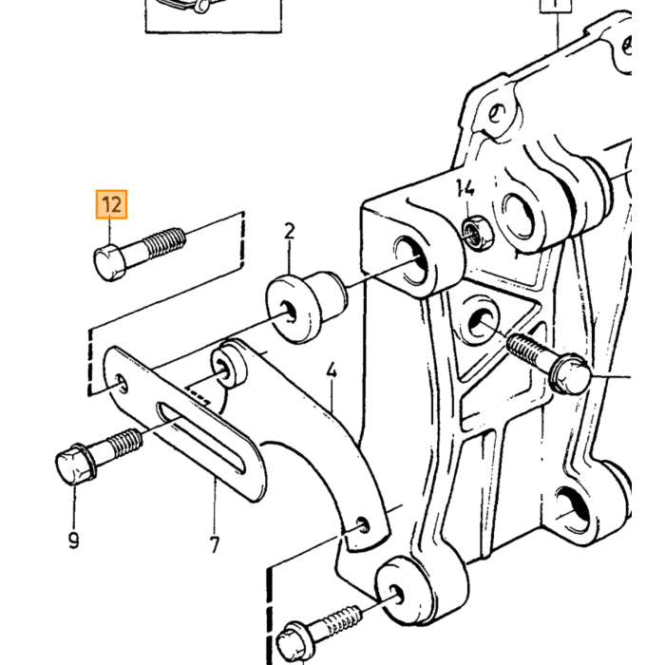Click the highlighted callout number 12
(x=111, y=204)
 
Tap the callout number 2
(x=289, y=232)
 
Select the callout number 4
(x=332, y=370)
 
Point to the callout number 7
(x=215, y=544)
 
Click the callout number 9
(x=73, y=540)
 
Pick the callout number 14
(x=465, y=188)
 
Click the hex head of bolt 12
(x=109, y=262)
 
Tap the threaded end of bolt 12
(x=166, y=243)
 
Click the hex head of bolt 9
(x=75, y=465)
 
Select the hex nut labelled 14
(x=478, y=233)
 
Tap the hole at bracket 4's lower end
(x=363, y=525)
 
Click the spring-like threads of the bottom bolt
(x=343, y=621)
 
